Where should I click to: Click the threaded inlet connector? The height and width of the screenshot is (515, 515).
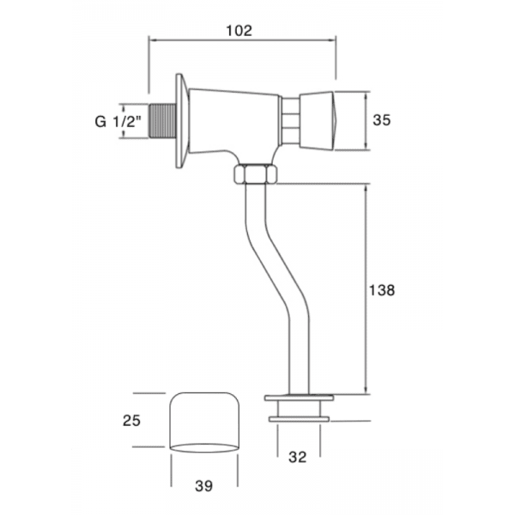[x=161, y=122]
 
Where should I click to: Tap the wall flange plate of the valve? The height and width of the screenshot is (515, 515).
[x=181, y=122]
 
